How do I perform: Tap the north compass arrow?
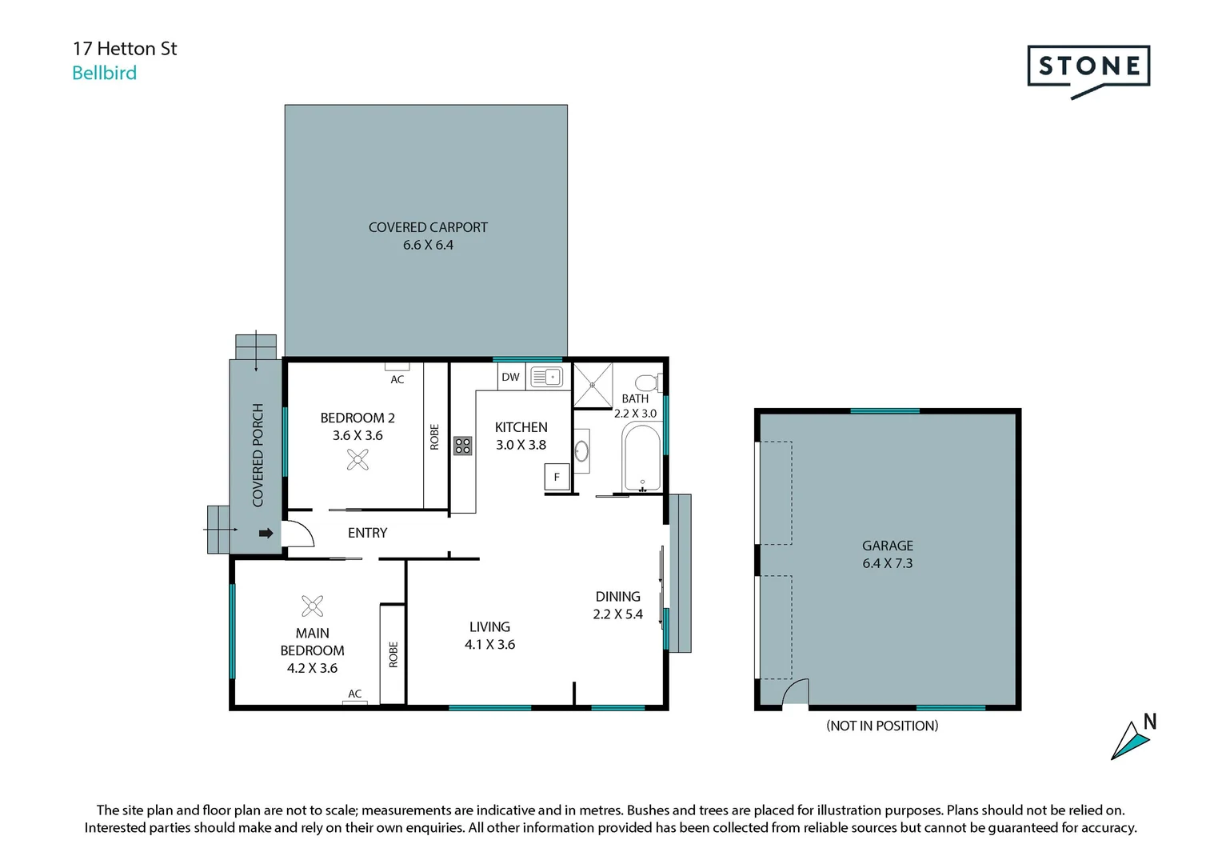(x=1130, y=741)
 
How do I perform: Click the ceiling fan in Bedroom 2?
(x=357, y=459)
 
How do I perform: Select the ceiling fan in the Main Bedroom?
(x=312, y=606)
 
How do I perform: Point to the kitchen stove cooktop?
(x=462, y=446)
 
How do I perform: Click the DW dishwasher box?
(x=511, y=377)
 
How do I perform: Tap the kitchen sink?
(x=547, y=377)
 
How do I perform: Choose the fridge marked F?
(x=557, y=477)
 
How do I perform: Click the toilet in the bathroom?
(x=649, y=382)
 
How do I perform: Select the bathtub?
(x=642, y=458)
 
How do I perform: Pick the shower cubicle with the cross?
(x=593, y=385)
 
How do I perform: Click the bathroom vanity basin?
(x=581, y=451)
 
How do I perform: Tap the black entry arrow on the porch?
(x=266, y=534)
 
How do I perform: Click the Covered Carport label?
(x=428, y=236)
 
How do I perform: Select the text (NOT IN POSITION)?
(x=882, y=726)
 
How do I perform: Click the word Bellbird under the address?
(x=104, y=73)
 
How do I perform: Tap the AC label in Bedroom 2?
(x=397, y=379)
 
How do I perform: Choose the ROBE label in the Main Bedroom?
(x=393, y=655)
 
